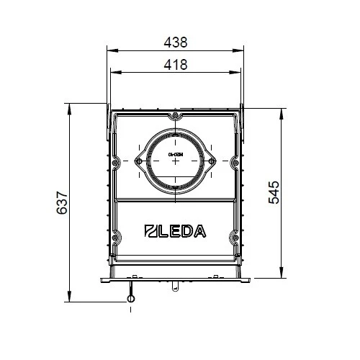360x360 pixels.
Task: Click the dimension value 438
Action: point(175,42)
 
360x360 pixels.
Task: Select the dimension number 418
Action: point(175,64)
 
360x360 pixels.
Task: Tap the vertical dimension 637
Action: point(62,204)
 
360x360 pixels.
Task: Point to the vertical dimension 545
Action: point(274,192)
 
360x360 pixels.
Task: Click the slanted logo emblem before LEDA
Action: point(151,231)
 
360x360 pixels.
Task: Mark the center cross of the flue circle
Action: point(175,161)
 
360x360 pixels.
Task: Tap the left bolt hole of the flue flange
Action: point(138,161)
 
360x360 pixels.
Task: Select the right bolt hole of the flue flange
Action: point(212,161)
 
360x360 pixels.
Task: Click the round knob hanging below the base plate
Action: point(130,299)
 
